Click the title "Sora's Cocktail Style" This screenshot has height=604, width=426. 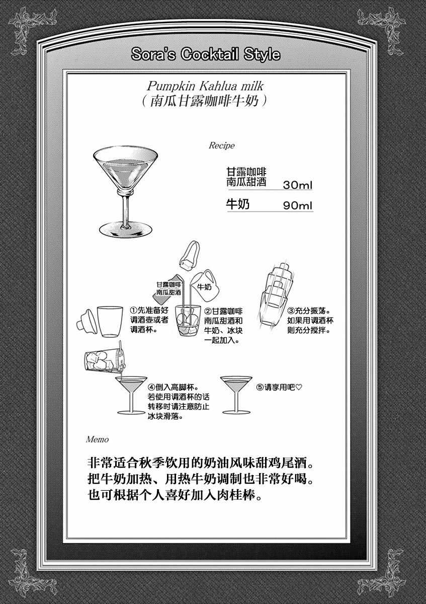(206, 54)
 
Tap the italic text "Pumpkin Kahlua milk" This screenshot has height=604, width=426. (205, 87)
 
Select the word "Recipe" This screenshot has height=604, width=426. (221, 146)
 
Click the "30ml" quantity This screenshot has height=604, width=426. (297, 185)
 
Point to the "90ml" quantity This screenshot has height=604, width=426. (297, 206)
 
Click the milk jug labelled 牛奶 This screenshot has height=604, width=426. (205, 286)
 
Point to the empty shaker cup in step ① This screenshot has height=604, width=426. (110, 322)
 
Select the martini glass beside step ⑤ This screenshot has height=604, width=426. (236, 395)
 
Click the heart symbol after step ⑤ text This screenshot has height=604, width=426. (299, 387)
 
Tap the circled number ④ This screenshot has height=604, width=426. (151, 388)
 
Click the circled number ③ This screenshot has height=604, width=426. (291, 311)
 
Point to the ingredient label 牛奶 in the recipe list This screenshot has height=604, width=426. (237, 204)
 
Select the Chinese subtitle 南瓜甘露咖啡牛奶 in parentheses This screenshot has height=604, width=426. (205, 101)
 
